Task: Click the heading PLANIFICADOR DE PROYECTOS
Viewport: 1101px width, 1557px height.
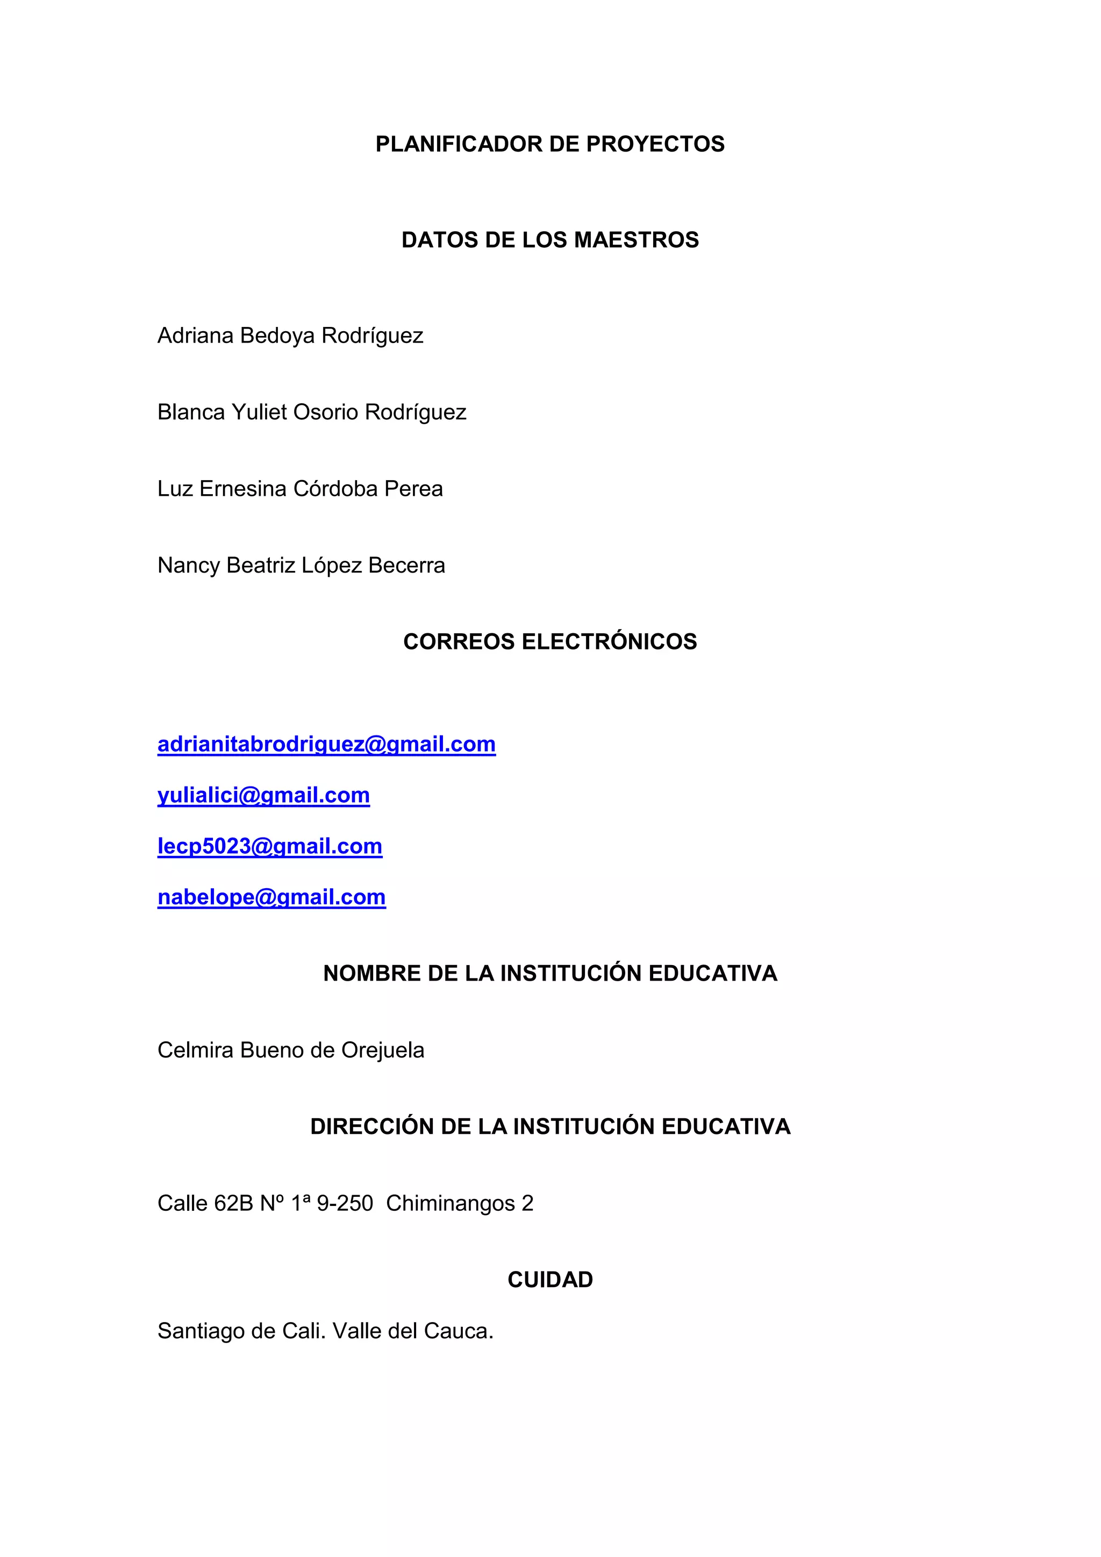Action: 550,145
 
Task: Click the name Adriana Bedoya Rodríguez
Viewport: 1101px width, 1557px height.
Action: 290,335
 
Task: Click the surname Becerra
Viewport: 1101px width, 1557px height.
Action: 407,566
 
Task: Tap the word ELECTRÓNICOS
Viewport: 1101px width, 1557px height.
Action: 609,641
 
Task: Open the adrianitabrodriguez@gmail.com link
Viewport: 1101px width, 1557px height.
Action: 326,745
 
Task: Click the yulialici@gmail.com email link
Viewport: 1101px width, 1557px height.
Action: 263,796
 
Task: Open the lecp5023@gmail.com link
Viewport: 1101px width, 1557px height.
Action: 269,846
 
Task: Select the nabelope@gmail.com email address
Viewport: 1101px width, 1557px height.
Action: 271,897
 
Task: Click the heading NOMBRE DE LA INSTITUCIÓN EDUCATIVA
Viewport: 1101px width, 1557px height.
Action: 550,974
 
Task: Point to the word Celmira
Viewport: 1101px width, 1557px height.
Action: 196,1051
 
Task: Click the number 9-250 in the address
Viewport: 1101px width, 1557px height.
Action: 345,1204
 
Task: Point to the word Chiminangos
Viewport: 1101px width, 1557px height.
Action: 450,1204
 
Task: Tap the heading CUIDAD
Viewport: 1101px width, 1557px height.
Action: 550,1280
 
